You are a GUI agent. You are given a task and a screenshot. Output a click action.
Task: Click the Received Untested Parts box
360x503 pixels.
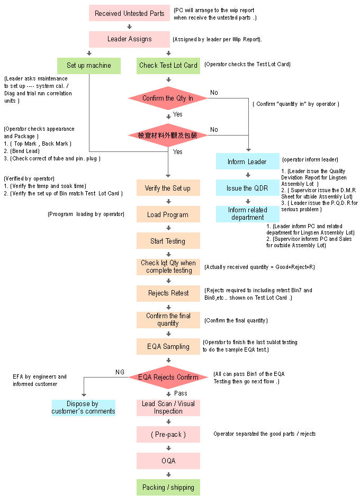[129, 13]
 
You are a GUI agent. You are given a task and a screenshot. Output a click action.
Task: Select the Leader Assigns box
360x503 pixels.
[129, 39]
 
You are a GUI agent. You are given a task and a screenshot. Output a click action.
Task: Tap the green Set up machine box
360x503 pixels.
[89, 66]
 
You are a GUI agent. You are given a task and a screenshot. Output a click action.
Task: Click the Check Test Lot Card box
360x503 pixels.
[168, 66]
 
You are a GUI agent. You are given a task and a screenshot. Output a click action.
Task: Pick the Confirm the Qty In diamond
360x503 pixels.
[168, 98]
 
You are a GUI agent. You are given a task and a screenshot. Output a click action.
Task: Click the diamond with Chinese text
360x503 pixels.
[168, 136]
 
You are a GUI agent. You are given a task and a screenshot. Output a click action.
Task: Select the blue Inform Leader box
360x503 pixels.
[247, 161]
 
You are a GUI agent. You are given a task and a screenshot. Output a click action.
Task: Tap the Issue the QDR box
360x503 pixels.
[247, 188]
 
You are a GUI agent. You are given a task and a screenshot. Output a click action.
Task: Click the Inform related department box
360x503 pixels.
[247, 214]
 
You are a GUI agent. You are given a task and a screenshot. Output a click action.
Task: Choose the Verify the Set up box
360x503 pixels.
[168, 188]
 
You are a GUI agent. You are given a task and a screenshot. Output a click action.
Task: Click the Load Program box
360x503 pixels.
[168, 214]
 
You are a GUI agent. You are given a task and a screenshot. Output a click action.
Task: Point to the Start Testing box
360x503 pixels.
[168, 241]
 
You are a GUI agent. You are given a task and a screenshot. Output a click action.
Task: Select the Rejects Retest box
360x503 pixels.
[168, 293]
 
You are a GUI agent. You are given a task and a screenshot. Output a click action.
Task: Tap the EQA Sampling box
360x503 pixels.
[168, 346]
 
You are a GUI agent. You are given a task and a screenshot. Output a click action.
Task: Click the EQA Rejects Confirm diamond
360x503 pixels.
[168, 378]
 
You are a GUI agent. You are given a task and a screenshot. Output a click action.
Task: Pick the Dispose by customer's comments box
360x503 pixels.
[83, 408]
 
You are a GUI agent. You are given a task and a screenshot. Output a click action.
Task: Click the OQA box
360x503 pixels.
[168, 461]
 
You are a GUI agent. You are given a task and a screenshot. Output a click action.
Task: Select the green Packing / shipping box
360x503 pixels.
[168, 488]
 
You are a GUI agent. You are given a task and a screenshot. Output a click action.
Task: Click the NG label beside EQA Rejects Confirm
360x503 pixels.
[120, 372]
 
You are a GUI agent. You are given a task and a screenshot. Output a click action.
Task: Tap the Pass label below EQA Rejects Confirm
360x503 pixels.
[181, 394]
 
